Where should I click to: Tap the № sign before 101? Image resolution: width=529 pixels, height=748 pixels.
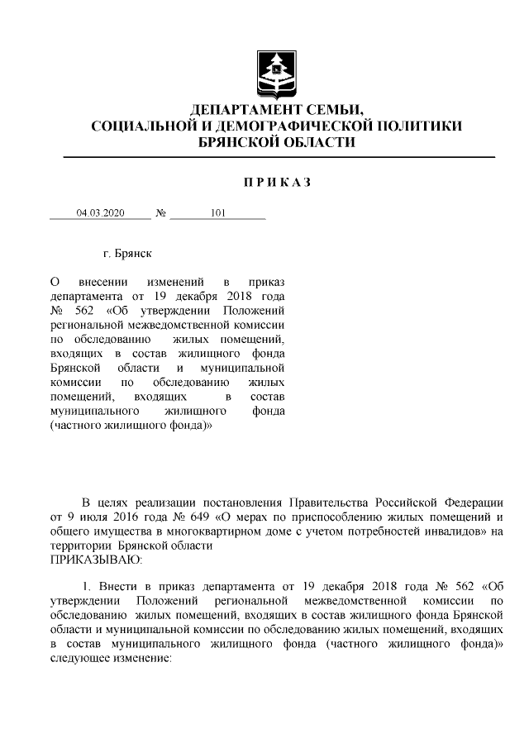click(160, 213)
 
